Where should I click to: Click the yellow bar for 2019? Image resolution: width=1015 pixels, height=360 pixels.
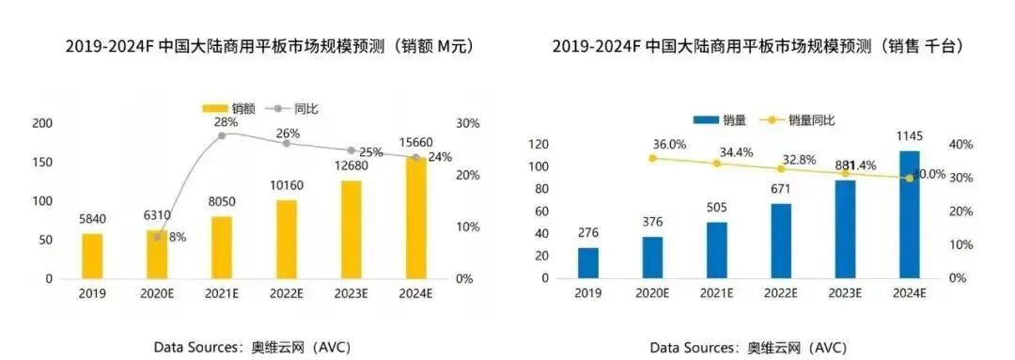(92, 256)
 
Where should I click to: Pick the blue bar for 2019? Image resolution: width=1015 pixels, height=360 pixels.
(587, 262)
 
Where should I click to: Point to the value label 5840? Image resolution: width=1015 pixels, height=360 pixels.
(92, 219)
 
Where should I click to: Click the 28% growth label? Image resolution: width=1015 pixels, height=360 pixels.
(223, 122)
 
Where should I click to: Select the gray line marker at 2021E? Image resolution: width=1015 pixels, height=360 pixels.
(222, 136)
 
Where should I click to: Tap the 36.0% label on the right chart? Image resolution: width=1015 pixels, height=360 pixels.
(669, 145)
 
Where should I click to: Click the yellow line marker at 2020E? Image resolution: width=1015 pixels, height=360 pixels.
(652, 158)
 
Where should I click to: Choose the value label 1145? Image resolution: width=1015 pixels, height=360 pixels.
(908, 135)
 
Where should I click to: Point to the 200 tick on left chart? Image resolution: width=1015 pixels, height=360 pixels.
(43, 123)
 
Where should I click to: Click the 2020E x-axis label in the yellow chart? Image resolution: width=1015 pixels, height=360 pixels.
(157, 292)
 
